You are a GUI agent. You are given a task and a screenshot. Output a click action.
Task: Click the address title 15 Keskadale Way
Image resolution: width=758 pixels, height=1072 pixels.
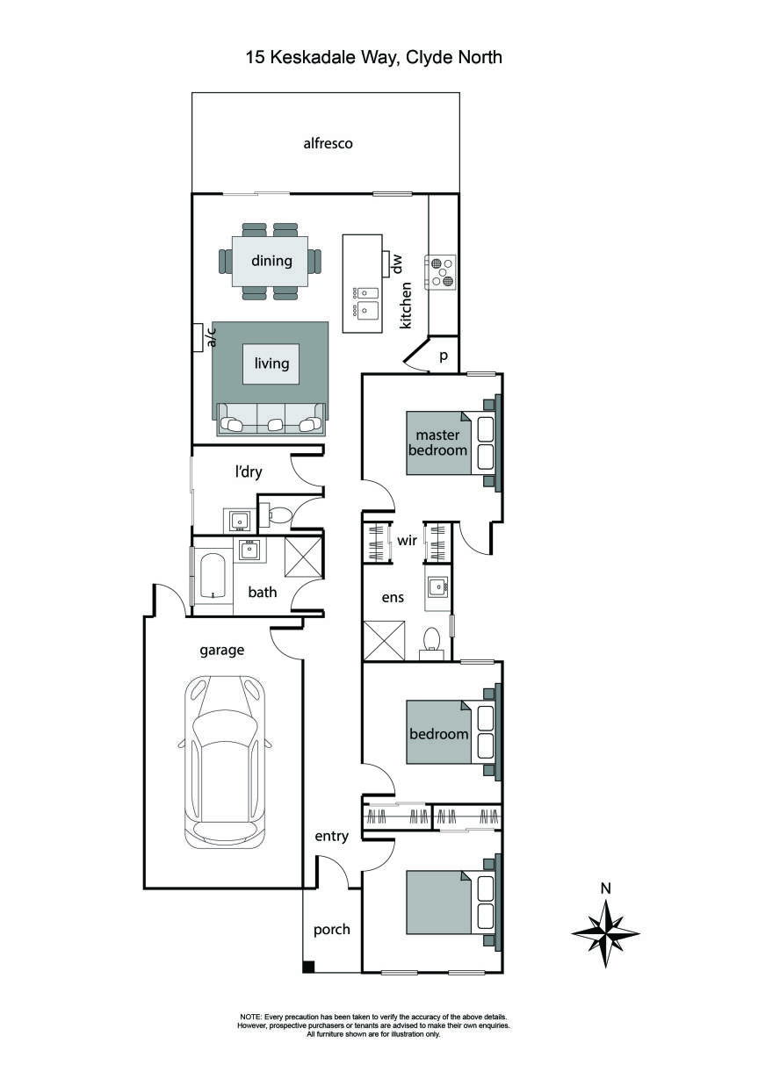click(x=373, y=58)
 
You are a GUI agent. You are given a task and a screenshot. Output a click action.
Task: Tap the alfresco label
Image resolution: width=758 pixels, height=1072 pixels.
click(x=328, y=143)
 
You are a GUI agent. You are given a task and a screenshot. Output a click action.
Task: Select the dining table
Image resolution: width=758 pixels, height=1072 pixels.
click(x=271, y=261)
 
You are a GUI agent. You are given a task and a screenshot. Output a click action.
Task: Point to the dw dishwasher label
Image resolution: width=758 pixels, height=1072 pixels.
click(x=396, y=263)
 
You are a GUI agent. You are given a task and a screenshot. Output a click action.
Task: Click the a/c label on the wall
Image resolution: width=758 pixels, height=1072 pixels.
click(x=210, y=337)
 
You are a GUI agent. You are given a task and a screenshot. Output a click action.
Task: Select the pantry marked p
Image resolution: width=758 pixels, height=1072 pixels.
click(x=443, y=356)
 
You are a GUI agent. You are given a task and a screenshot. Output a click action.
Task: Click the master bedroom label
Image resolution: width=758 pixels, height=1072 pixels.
click(x=441, y=442)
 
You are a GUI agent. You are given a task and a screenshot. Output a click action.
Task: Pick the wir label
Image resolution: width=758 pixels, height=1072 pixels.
click(x=407, y=541)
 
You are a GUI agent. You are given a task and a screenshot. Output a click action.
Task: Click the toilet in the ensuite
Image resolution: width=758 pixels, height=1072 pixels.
click(x=431, y=641)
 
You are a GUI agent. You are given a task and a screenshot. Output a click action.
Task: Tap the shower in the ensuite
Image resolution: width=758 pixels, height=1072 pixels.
click(x=384, y=641)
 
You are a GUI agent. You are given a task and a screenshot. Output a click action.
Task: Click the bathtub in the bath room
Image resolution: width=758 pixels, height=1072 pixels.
click(x=212, y=576)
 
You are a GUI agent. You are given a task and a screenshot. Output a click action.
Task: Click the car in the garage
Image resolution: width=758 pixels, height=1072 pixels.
click(x=225, y=761)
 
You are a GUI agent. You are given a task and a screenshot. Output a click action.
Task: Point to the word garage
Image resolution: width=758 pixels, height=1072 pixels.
click(x=221, y=651)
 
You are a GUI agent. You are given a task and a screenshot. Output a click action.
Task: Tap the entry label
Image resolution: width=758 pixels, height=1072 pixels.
click(x=332, y=837)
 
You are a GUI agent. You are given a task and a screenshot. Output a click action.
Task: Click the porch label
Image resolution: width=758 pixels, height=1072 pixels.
click(x=332, y=929)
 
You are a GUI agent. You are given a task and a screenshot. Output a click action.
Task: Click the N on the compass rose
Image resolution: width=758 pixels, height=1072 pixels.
click(x=605, y=888)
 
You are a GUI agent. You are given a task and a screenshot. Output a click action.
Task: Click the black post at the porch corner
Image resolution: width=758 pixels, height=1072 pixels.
click(x=307, y=967)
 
